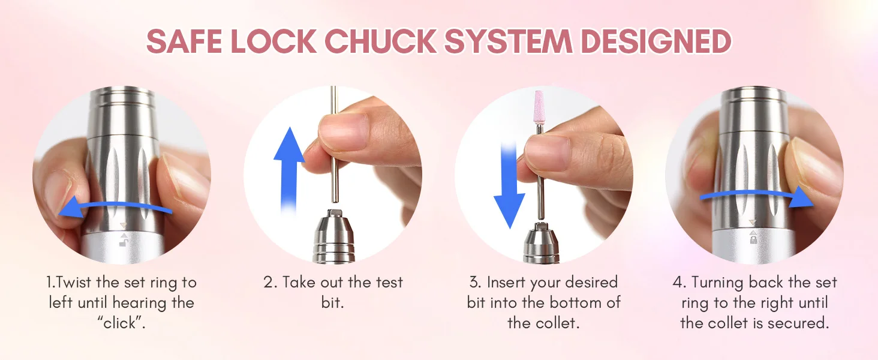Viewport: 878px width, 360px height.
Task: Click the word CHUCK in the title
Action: pos(380,41)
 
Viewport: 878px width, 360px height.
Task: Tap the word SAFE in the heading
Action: pos(184,41)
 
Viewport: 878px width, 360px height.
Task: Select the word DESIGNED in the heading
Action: pos(656,41)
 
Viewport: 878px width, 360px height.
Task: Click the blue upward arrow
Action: pos(289,168)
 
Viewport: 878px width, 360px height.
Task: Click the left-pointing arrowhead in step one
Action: pos(71,206)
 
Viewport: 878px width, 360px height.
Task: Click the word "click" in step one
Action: pos(121,323)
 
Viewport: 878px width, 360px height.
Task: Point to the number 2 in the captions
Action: pos(269,283)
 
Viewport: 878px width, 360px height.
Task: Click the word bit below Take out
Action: pos(332,303)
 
